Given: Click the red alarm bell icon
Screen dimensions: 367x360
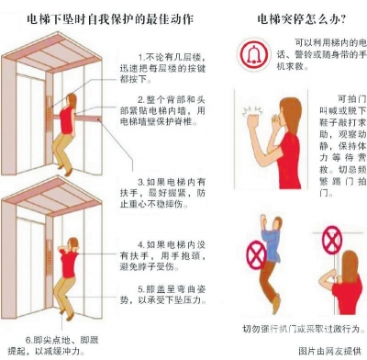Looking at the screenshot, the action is [254, 54].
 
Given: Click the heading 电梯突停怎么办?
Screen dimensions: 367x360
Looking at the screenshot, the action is [301, 19].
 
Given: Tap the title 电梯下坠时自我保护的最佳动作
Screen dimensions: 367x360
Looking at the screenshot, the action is [110, 19].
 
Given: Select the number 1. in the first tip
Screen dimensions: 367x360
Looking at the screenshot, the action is [141, 57].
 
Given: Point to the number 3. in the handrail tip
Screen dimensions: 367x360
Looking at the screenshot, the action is [141, 183].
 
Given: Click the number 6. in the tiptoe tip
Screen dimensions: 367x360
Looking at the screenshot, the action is [28, 340].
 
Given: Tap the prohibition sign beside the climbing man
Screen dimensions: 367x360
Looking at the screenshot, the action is [256, 254].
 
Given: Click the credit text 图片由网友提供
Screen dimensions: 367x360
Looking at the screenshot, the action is [329, 351].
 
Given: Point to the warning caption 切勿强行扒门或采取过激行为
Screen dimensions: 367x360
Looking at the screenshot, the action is [304, 329].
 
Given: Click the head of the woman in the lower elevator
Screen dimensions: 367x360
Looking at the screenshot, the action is [73, 244].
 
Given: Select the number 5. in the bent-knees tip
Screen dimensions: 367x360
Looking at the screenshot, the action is [141, 289].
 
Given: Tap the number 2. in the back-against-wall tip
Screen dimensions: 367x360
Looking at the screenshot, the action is [141, 100].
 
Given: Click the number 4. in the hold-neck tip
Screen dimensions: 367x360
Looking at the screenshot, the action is [141, 245].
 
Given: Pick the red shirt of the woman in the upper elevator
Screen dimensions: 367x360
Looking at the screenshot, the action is [66, 120].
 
